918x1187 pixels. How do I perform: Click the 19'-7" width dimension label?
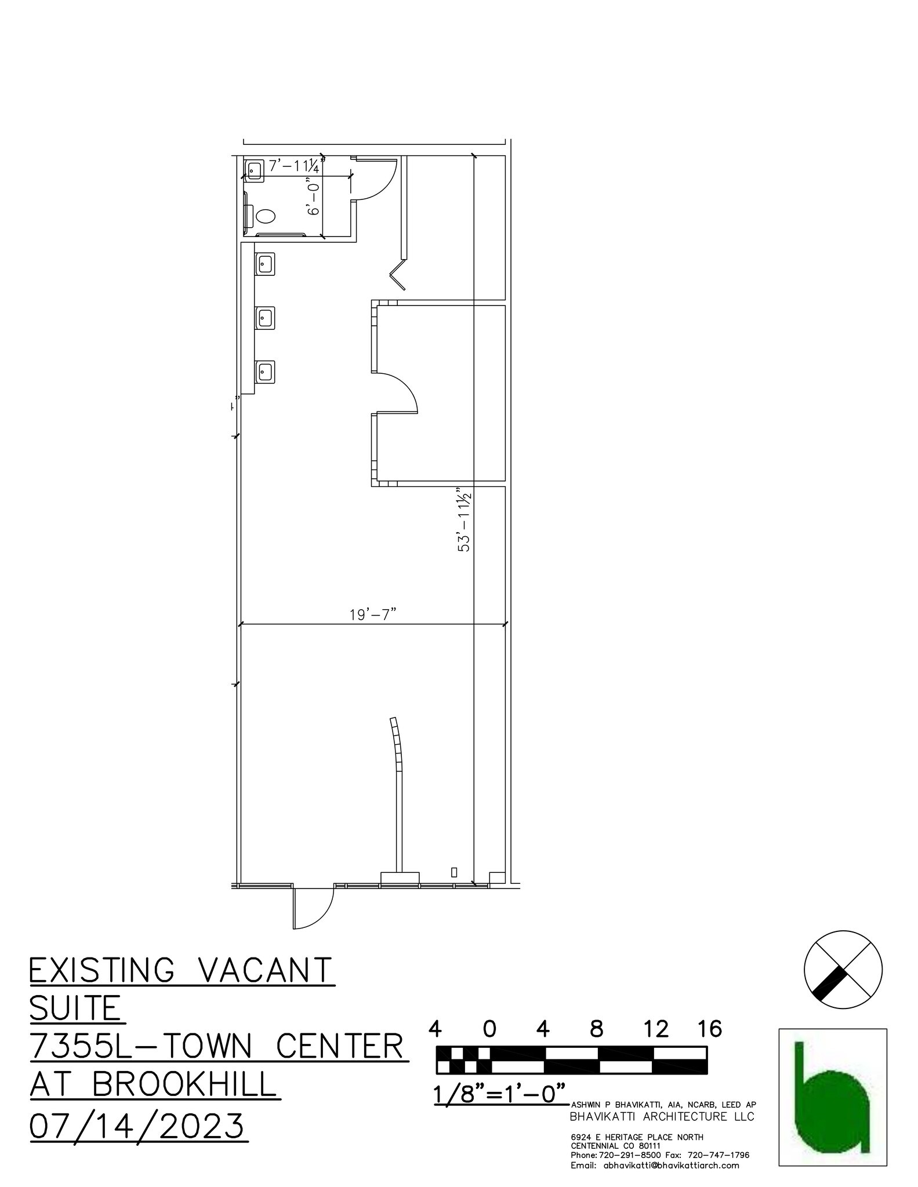[372, 614]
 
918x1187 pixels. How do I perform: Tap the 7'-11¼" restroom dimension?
[295, 166]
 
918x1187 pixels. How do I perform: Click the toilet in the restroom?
[265, 216]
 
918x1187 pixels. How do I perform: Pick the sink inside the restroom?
[254, 169]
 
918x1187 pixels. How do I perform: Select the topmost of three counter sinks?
[265, 264]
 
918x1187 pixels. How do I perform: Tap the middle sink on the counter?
[266, 317]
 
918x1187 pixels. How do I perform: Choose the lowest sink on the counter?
[266, 370]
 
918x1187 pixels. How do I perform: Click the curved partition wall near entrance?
[397, 748]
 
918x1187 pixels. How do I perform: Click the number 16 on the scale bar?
[710, 1029]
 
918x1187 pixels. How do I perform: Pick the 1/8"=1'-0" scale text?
[499, 1095]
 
